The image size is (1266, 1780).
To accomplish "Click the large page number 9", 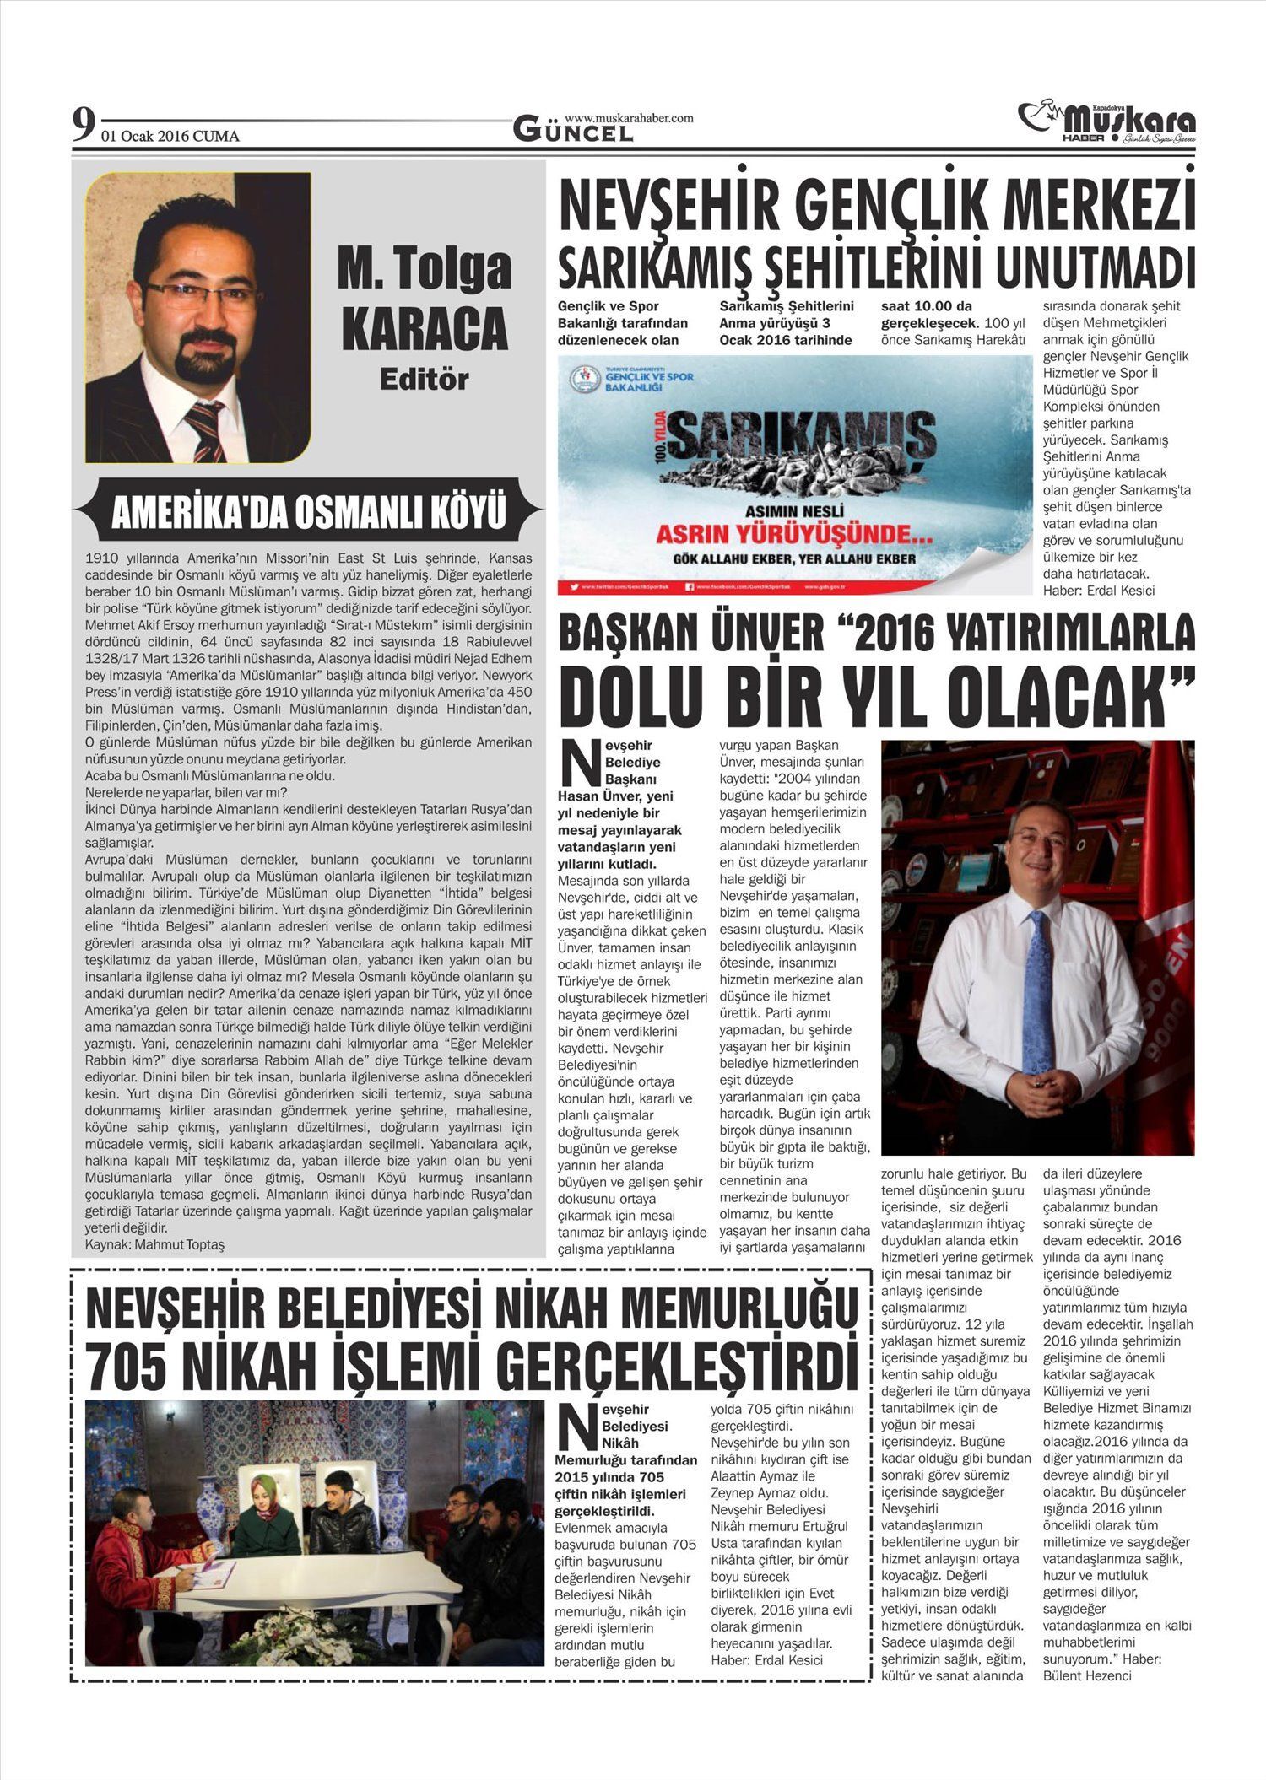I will pyautogui.click(x=83, y=127).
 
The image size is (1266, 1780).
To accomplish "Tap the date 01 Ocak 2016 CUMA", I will pyautogui.click(x=170, y=137).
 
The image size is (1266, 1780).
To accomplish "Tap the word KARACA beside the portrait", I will pyautogui.click(x=424, y=327).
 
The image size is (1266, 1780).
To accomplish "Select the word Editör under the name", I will pyautogui.click(x=424, y=380).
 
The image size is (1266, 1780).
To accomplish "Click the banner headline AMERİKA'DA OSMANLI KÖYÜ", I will pyautogui.click(x=309, y=513).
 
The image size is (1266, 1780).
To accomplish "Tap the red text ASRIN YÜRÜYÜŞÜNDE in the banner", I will pyautogui.click(x=783, y=534).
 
